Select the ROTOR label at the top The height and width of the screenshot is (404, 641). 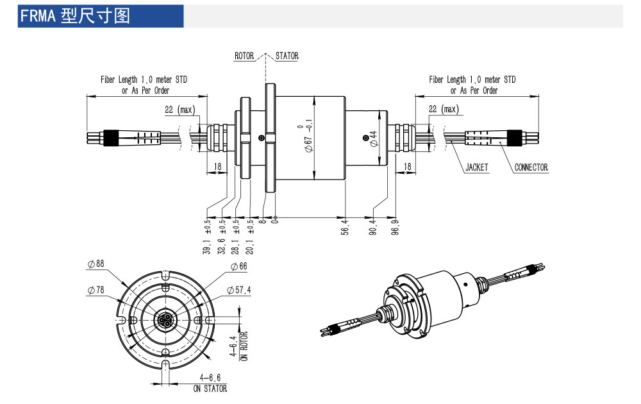244,56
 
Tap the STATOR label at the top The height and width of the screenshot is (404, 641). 287,56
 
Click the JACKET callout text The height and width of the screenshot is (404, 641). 476,167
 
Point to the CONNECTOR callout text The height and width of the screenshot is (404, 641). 531,167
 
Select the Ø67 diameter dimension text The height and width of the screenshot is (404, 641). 308,136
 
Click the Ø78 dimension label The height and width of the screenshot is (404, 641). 96,290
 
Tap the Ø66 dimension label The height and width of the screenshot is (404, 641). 238,266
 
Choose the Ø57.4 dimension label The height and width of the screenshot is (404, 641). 239,290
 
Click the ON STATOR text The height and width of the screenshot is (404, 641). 210,388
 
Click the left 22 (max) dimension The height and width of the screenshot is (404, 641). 179,110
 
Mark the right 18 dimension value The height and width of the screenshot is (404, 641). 406,167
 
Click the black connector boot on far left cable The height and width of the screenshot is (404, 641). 110,137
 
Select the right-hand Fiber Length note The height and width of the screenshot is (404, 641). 472,85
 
